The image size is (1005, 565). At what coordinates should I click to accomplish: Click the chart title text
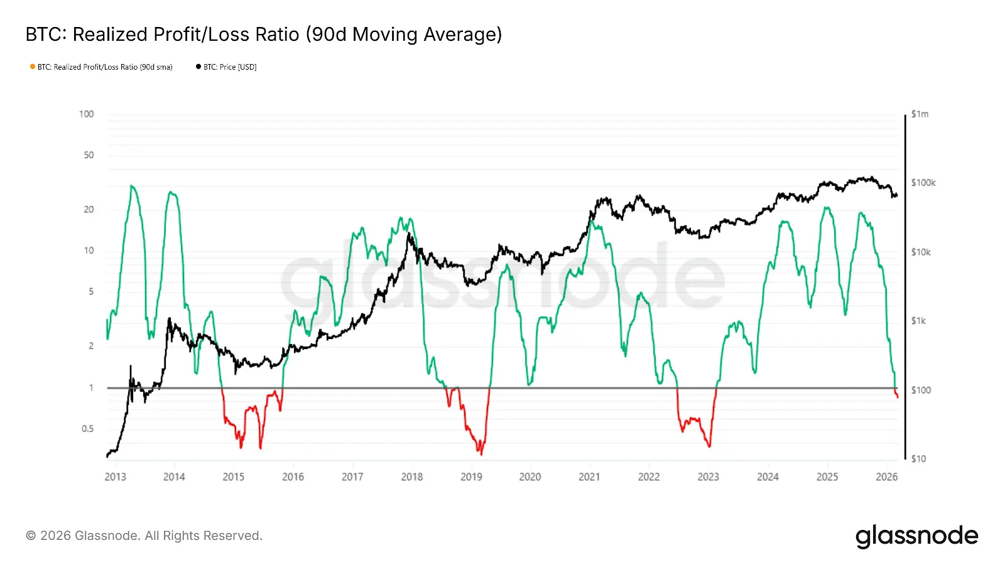click(264, 35)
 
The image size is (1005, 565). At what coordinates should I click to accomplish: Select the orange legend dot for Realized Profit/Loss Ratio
click(33, 67)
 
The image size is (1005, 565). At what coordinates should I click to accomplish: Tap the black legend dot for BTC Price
click(198, 67)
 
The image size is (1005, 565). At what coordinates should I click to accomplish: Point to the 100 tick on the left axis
click(87, 114)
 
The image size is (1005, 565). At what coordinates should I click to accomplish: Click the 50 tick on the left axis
click(89, 155)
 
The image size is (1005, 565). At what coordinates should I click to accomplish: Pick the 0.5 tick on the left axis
click(87, 429)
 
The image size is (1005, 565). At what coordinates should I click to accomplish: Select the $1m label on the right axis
click(920, 114)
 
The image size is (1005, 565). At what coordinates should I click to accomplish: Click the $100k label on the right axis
click(923, 183)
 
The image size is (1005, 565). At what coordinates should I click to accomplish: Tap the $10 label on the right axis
click(918, 459)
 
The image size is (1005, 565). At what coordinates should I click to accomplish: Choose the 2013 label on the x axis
click(115, 477)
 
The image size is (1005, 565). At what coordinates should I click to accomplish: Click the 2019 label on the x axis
click(471, 477)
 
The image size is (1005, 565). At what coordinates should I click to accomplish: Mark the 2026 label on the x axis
click(886, 477)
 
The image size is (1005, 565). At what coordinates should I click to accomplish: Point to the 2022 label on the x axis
click(649, 477)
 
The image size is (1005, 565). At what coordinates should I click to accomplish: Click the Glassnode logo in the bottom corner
click(916, 536)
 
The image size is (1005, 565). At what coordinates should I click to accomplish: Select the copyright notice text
click(144, 536)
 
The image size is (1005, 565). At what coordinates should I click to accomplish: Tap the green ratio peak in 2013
click(131, 186)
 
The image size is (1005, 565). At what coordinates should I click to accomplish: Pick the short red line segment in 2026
click(896, 394)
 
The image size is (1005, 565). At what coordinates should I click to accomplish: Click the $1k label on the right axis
click(918, 321)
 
